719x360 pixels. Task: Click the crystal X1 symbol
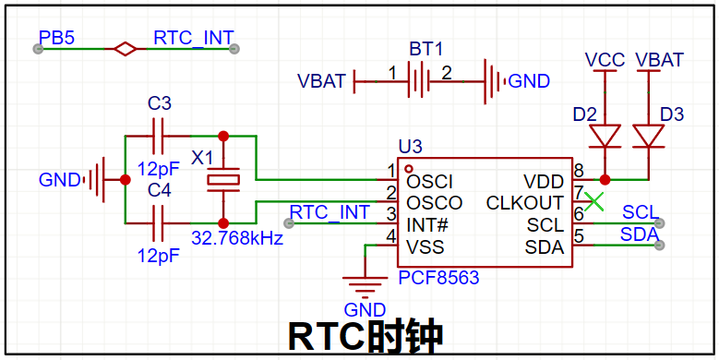click(223, 180)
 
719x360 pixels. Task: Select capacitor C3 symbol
click(158, 137)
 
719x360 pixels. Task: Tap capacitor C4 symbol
click(158, 223)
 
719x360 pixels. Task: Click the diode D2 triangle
click(605, 137)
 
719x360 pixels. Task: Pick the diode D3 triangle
click(648, 137)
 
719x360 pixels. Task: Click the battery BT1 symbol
click(418, 81)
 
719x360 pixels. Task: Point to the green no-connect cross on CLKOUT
click(594, 202)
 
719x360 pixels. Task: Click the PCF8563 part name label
click(438, 278)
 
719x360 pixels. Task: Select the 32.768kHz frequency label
click(237, 238)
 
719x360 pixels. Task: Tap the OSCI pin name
click(430, 182)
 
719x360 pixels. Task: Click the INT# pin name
click(427, 225)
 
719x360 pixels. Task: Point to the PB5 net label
click(56, 38)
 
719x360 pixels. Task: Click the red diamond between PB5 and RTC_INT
click(126, 49)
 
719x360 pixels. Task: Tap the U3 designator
click(411, 148)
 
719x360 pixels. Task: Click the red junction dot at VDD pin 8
click(605, 179)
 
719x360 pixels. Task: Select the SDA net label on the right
click(640, 234)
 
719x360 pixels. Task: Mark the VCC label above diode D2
click(605, 60)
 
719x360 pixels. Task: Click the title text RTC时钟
click(365, 337)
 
